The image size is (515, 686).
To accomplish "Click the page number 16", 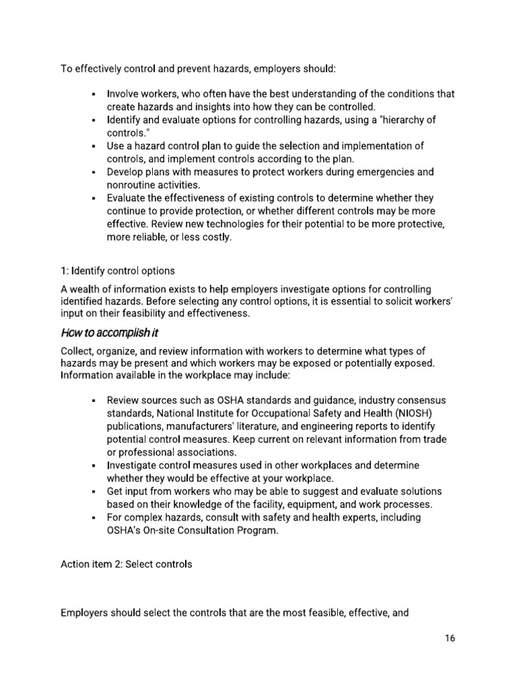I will click(449, 638).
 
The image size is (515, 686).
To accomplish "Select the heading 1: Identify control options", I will click(117, 271).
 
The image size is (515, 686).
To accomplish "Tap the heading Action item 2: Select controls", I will click(126, 564).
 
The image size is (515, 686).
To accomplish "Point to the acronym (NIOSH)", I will click(418, 413).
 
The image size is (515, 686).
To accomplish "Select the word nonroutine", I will click(133, 185).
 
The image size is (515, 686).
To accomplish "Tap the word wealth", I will click(86, 289).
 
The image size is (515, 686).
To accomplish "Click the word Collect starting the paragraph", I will click(78, 351).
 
